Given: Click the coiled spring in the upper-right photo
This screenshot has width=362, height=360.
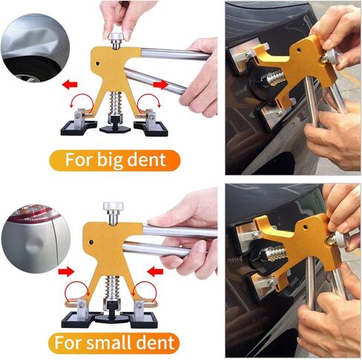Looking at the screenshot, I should tap(274, 76).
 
